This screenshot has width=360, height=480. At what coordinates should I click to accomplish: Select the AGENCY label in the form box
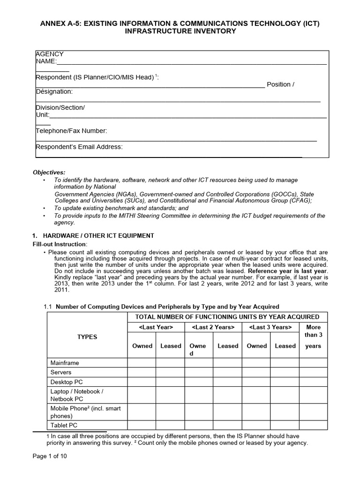[50, 54]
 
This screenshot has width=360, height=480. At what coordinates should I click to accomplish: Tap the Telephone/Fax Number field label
[71, 131]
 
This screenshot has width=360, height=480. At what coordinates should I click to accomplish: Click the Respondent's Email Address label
[79, 147]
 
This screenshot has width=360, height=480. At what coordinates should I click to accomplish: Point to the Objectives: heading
[49, 172]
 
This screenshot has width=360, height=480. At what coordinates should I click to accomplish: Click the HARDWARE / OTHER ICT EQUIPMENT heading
[98, 235]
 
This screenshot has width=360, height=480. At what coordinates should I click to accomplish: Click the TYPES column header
[87, 337]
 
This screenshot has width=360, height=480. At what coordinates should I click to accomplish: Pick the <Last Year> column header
[156, 327]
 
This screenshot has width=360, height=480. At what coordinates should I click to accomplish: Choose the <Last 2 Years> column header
[213, 327]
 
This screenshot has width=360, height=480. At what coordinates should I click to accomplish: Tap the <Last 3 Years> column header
[270, 327]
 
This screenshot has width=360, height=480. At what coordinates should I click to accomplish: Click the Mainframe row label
[65, 363]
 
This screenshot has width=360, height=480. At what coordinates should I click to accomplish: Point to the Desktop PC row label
[67, 382]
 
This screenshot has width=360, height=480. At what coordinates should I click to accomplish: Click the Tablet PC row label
[64, 425]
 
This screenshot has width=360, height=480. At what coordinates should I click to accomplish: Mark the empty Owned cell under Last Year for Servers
[142, 372]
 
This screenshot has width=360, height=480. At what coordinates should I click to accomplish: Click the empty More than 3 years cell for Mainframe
[313, 363]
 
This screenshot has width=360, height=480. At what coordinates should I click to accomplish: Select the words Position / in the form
[280, 84]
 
